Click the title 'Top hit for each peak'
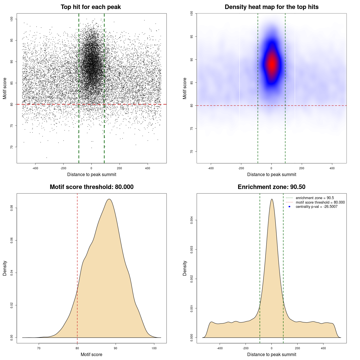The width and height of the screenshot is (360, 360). (x=91, y=7)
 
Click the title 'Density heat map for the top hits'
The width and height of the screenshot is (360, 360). (x=271, y=7)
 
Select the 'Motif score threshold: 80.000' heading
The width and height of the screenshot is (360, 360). (x=91, y=187)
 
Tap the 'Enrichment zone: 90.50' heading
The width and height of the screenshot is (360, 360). (x=271, y=187)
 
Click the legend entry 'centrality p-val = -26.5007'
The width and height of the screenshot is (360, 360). (x=316, y=207)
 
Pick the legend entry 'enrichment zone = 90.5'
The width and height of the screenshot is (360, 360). (x=315, y=198)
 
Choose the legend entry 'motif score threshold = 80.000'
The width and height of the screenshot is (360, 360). (x=320, y=202)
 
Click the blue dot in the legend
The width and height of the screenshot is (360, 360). (x=289, y=207)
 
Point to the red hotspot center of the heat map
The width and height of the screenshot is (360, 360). (x=272, y=64)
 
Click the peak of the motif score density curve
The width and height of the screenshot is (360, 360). (x=109, y=199)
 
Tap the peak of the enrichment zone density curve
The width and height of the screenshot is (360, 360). (x=272, y=199)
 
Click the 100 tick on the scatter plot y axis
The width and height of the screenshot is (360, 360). (x=12, y=19)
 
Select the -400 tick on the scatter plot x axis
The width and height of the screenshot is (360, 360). (x=35, y=168)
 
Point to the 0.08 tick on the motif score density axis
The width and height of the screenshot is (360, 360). (x=12, y=208)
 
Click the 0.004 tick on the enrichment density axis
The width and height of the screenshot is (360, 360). (x=192, y=220)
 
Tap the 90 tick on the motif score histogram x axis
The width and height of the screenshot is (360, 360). (x=116, y=348)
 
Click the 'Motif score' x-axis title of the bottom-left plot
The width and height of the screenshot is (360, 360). (x=91, y=354)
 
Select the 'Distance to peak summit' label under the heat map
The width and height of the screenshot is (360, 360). (x=271, y=174)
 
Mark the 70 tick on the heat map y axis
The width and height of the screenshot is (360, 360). (x=192, y=152)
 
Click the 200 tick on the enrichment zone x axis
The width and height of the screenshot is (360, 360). (x=297, y=348)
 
